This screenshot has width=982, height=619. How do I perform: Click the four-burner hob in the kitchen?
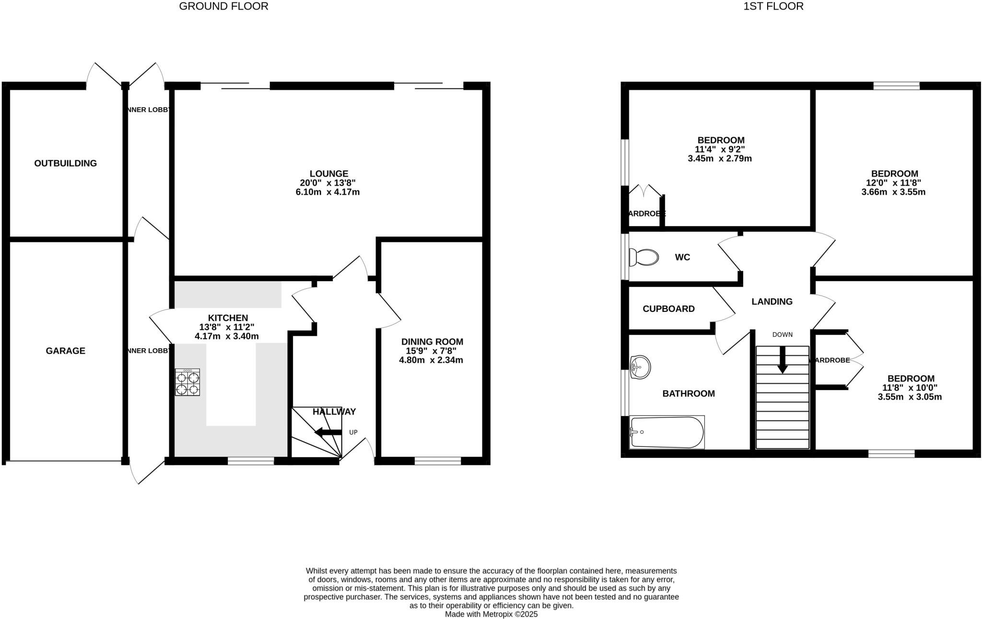tap(187, 382)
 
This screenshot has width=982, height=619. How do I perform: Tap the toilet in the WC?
tap(643, 257)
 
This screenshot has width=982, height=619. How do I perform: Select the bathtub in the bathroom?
tap(667, 432)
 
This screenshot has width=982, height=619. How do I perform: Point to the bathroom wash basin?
tap(640, 368)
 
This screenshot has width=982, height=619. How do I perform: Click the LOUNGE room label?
tap(328, 174)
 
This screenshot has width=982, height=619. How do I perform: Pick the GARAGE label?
tap(66, 351)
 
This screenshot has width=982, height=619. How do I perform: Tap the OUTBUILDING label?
tap(66, 163)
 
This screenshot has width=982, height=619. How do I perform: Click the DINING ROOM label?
tap(432, 342)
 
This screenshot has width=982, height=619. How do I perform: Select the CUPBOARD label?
tap(668, 309)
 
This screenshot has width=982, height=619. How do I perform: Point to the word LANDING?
tap(772, 301)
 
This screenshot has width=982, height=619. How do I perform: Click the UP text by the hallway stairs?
tap(353, 432)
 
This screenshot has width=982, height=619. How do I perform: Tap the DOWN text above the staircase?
tap(783, 334)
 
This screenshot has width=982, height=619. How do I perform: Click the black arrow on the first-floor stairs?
tap(783, 360)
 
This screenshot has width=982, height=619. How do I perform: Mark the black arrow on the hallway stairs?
tap(328, 432)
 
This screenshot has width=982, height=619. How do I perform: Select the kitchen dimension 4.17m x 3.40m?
tap(227, 336)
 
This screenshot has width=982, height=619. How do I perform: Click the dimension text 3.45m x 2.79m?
tap(720, 158)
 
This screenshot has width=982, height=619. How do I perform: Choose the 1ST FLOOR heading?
tap(773, 6)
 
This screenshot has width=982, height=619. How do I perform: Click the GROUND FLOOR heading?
tap(223, 6)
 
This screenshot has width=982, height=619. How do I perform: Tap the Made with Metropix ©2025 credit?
tap(491, 614)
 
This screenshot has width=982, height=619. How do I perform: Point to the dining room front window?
tap(438, 461)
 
